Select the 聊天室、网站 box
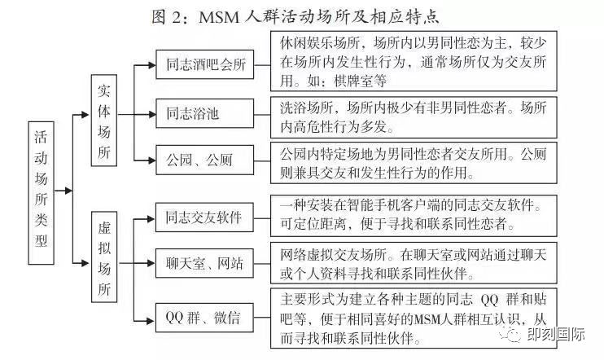(x=204, y=262)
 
